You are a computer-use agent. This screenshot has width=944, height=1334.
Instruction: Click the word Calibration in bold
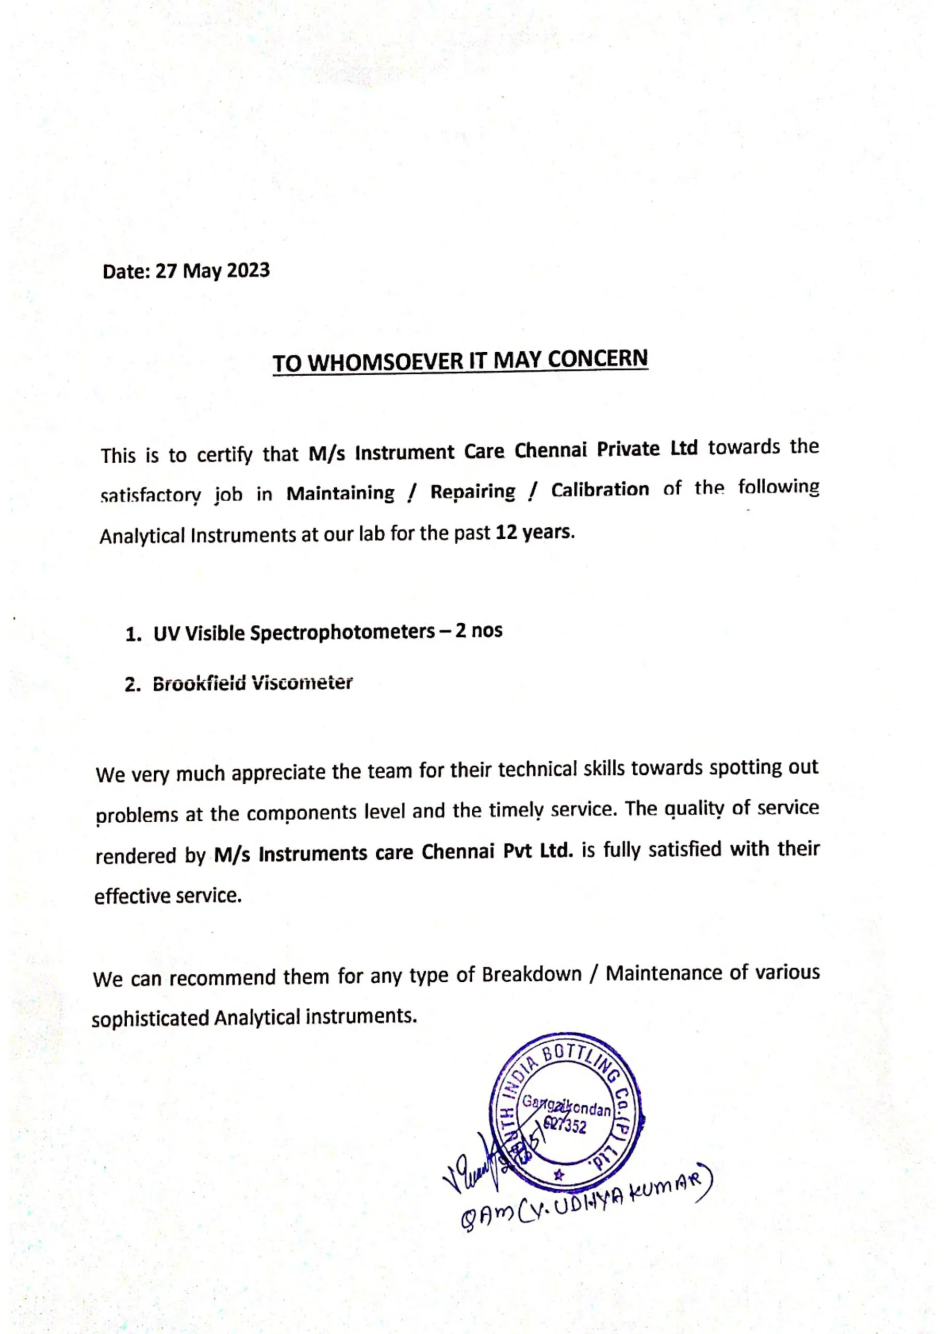[x=600, y=490]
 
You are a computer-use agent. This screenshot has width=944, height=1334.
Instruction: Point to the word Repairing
[x=473, y=492]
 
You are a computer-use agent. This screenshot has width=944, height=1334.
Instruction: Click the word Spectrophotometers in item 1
[x=342, y=632]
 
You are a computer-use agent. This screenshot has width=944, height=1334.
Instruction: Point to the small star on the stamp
[x=559, y=1175]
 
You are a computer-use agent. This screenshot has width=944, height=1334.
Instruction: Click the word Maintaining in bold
[x=340, y=493]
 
